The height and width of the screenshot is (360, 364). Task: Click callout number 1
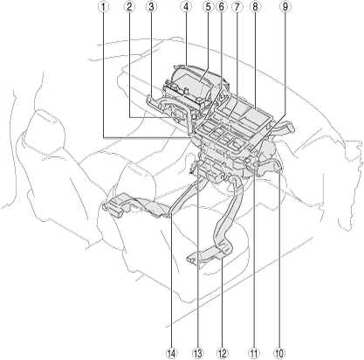tap(103, 7)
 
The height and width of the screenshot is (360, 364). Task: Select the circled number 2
tap(129, 7)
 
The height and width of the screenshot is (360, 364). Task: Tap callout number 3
tap(151, 7)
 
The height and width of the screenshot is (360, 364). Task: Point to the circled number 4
tap(186, 7)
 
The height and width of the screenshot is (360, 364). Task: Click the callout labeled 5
tap(208, 7)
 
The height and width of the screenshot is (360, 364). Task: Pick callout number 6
tap(221, 7)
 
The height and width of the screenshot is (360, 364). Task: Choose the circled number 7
tap(237, 7)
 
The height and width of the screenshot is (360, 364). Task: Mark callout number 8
tap(255, 7)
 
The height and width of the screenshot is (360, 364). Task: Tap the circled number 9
tap(285, 7)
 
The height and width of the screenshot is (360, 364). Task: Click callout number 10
tap(278, 353)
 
